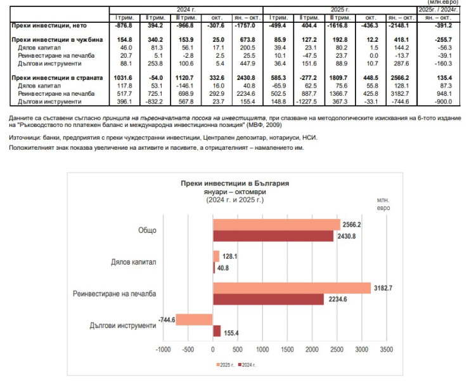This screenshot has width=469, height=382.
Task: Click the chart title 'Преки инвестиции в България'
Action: (234, 183)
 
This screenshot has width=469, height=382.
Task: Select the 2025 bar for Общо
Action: (277, 225)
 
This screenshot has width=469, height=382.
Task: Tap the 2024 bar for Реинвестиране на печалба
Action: (268, 300)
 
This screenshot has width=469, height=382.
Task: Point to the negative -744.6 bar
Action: (194, 319)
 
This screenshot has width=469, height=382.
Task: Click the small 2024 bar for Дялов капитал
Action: (214, 268)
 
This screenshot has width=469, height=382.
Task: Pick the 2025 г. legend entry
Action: (225, 365)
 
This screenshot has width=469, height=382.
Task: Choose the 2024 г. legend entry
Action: (247, 365)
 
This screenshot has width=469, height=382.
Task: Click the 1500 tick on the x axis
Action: (287, 350)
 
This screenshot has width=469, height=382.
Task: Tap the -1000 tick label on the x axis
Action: (163, 350)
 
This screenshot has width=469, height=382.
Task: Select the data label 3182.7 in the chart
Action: (383, 288)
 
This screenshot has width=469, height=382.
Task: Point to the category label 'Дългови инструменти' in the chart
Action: (122, 326)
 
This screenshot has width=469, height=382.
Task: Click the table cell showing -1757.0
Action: (245, 25)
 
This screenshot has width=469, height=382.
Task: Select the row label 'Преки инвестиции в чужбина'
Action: (57, 40)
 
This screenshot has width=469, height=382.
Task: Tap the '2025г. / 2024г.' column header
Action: (438, 10)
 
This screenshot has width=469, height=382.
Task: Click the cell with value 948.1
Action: (444, 94)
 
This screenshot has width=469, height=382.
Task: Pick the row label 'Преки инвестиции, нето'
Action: (49, 25)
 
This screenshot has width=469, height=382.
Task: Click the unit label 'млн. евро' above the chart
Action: (383, 204)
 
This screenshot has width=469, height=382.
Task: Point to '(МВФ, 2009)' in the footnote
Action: (264, 125)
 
